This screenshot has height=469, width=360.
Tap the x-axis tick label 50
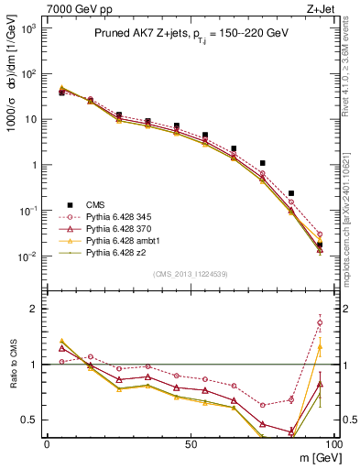191,443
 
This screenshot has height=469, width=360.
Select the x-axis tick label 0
47,443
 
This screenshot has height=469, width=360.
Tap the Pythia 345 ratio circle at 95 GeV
320,322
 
